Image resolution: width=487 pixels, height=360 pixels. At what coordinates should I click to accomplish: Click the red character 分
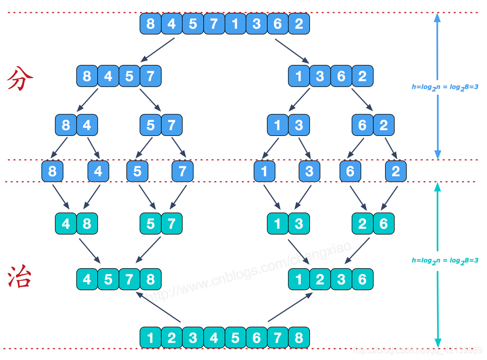pyautogui.click(x=21, y=80)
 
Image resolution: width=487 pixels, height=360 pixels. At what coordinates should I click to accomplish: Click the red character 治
pyautogui.click(x=21, y=277)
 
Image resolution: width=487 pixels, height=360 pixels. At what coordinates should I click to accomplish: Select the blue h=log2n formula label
pyautogui.click(x=445, y=87)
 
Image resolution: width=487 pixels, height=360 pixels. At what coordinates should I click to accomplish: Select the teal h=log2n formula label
pyautogui.click(x=445, y=260)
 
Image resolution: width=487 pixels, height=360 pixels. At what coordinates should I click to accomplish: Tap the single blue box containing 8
pyautogui.click(x=53, y=172)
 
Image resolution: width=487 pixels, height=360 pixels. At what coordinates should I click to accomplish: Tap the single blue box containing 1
pyautogui.click(x=264, y=172)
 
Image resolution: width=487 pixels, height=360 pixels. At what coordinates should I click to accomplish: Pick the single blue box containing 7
pyautogui.click(x=182, y=172)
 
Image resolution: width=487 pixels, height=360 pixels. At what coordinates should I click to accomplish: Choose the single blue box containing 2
pyautogui.click(x=396, y=172)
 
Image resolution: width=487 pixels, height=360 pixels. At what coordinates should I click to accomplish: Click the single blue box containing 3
pyautogui.click(x=309, y=172)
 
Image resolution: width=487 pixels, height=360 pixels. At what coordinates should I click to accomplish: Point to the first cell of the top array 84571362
pyautogui.click(x=151, y=24)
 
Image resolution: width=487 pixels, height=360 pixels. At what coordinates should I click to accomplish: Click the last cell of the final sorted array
pyautogui.click(x=299, y=338)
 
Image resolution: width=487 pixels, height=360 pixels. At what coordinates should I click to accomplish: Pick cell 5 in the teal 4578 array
pyautogui.click(x=108, y=279)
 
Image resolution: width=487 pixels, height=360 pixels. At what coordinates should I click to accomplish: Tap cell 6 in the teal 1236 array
pyautogui.click(x=362, y=279)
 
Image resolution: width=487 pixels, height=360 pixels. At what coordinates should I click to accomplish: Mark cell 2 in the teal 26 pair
pyautogui.click(x=362, y=224)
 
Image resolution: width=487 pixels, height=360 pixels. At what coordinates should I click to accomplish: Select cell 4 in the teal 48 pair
pyautogui.click(x=66, y=224)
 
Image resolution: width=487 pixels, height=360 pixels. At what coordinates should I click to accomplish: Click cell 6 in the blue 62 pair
pyautogui.click(x=362, y=125)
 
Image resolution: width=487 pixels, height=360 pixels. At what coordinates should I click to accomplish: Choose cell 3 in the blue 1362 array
pyautogui.click(x=320, y=76)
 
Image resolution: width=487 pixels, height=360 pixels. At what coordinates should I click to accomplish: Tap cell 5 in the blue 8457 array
pyautogui.click(x=129, y=76)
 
